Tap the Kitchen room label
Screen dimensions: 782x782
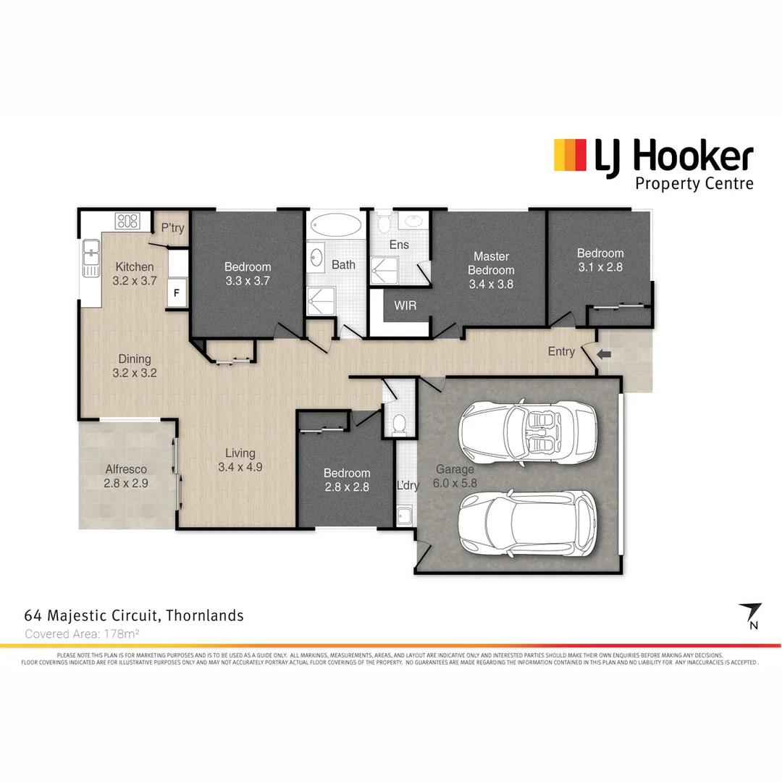point(135,267)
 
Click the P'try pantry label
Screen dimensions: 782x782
point(172,228)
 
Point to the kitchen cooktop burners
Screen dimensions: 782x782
point(127,221)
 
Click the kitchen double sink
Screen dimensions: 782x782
point(91,257)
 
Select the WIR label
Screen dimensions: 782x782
point(405,306)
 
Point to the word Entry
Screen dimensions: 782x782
point(561,352)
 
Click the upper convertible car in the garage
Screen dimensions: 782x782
point(527,432)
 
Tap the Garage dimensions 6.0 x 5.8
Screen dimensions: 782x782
point(454,483)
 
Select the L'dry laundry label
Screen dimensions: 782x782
point(408,486)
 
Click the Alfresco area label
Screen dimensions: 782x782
point(127,469)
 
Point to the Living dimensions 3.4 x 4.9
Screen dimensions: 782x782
point(240,467)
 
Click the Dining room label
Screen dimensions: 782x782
point(135,359)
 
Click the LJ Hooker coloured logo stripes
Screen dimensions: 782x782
point(569,155)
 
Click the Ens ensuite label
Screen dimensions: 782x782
point(399,245)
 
